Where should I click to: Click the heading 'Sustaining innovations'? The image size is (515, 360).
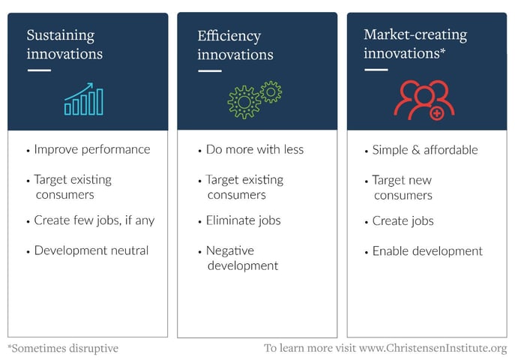coord(64,44)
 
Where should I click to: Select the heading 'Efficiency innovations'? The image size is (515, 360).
coord(235,45)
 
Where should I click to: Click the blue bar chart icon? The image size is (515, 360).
coord(83,99)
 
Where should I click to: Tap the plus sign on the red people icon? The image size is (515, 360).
coord(436,113)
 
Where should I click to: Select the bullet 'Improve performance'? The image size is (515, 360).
coord(91,149)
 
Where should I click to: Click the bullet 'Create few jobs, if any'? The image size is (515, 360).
coord(94,220)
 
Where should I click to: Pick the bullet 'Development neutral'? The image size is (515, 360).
coord(91,250)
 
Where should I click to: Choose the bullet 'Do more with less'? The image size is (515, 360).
coord(254,149)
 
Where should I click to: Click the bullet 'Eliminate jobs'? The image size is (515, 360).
coord(243,220)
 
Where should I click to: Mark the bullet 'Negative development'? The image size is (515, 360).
coord(241,258)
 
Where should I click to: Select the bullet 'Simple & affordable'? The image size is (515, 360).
coord(424,150)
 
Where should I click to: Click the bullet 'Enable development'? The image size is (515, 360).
coord(427,251)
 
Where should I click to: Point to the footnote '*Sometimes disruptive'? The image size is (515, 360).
coord(63,349)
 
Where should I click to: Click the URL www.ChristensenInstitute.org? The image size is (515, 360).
coord(433,349)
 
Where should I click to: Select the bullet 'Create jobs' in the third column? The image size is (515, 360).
coord(403,221)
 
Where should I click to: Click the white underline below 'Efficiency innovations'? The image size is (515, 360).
coord(209,71)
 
